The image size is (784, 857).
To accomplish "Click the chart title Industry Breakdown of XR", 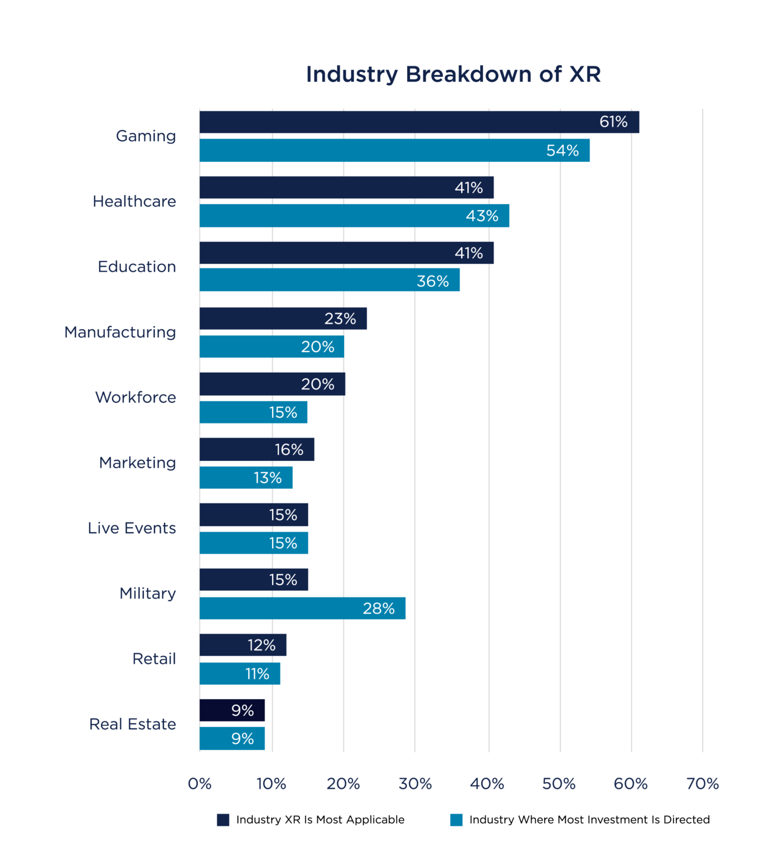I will [x=453, y=74].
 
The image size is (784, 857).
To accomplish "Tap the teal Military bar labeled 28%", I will [x=302, y=608].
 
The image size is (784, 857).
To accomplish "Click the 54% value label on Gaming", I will [x=562, y=151].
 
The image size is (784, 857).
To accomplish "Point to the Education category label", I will [x=137, y=267].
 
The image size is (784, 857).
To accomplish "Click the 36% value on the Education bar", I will [x=433, y=281].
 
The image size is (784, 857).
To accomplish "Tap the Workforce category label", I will [x=135, y=397].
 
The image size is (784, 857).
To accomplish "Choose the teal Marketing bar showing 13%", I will [x=245, y=478].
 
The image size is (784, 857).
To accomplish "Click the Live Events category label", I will [x=132, y=528].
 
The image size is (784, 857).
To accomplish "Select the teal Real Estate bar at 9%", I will [x=232, y=739].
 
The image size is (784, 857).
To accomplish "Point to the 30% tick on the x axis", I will [x=415, y=784].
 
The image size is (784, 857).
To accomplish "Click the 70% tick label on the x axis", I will [x=702, y=784].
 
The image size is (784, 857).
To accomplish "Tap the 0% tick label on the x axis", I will [x=200, y=784].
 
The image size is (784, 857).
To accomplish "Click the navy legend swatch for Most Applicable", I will [x=223, y=820].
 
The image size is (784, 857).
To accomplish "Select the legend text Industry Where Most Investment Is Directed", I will [x=589, y=820].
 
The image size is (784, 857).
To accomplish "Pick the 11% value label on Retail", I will [x=257, y=674].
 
